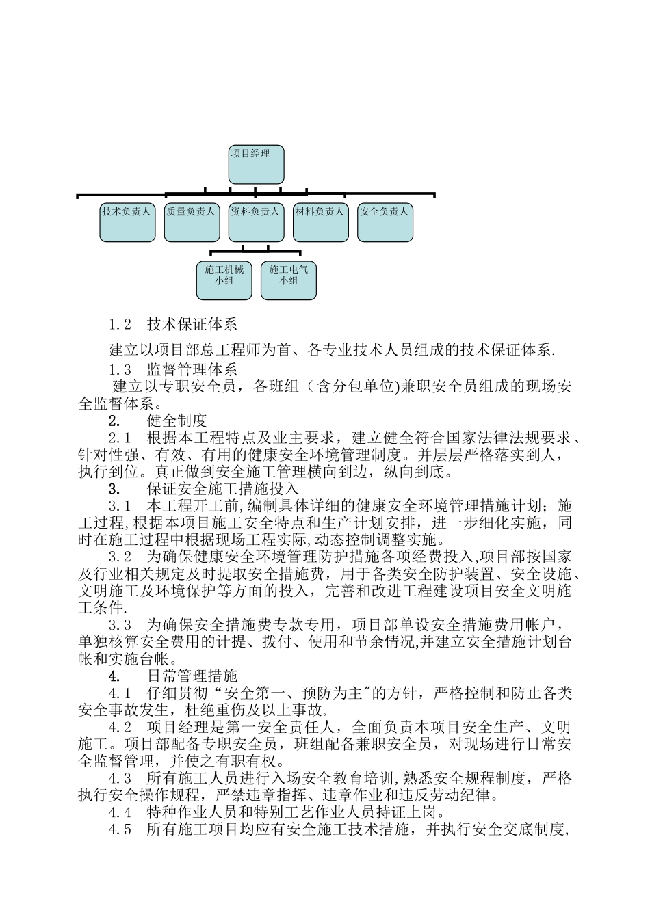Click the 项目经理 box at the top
255,165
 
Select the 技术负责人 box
127,222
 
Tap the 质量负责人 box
192,222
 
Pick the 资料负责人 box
256,222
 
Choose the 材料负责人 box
320,222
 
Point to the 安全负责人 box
385,222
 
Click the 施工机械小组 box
224,280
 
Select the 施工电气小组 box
289,280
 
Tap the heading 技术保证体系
192,324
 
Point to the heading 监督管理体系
192,370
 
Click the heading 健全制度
177,421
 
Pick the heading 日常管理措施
192,676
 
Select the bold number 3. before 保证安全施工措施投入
114,489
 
